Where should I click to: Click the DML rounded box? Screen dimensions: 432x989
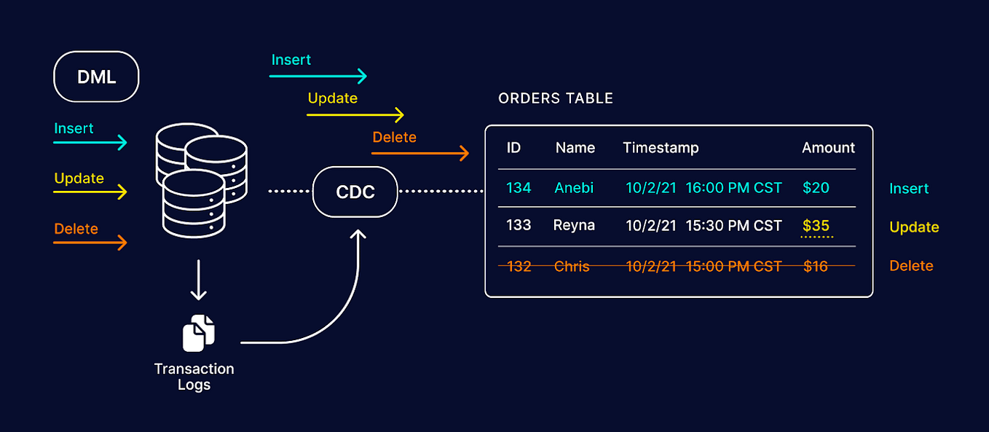[x=96, y=76]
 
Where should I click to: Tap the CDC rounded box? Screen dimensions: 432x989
[x=355, y=192]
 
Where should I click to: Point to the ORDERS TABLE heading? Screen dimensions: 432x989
[x=556, y=98]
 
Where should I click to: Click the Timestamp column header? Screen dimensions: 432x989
[x=661, y=148]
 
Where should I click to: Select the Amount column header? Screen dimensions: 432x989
[x=828, y=148]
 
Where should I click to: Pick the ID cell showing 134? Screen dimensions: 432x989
[x=519, y=188]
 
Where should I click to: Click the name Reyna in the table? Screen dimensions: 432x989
[x=574, y=225]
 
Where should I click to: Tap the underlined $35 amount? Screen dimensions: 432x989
[x=816, y=225]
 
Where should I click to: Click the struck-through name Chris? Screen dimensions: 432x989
[x=572, y=267]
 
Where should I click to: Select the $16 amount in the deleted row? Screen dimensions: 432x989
[x=816, y=267]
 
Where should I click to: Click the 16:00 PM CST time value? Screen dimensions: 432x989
[x=733, y=188]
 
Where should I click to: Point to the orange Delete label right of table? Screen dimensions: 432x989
[x=911, y=266]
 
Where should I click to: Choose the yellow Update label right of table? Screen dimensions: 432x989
[x=914, y=227]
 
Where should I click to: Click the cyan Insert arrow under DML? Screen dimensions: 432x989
[x=90, y=142]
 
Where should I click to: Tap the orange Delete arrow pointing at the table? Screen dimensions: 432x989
[x=420, y=153]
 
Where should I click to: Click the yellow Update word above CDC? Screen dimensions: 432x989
[x=332, y=98]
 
